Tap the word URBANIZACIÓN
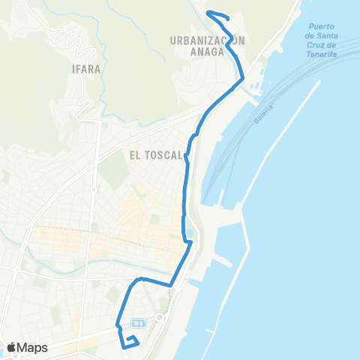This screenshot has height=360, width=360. tap(208, 42)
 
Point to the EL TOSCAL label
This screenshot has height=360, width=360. tap(155, 156)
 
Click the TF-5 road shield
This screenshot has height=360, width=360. tap(136, 322)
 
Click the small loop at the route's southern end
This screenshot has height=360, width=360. tap(130, 342)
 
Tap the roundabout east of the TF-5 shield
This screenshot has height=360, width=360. tap(160, 319)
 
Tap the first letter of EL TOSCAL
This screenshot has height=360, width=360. tap(132, 156)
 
